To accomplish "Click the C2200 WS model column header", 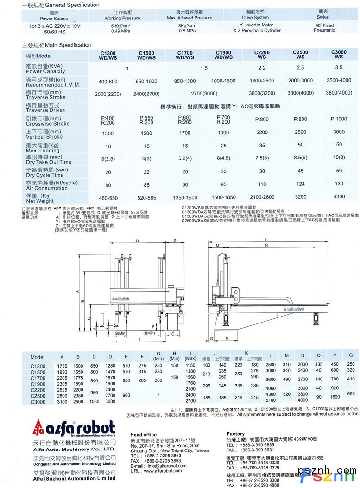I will (262, 55).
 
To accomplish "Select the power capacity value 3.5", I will (339, 68).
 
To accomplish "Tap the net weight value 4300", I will (339, 196).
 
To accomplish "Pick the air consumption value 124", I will (300, 184).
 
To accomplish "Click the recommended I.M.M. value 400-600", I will (108, 82).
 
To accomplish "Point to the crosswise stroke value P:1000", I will (339, 119).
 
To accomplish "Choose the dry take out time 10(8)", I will (339, 158).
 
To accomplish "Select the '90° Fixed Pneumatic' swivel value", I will (324, 27).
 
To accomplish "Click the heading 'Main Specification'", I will (57, 45).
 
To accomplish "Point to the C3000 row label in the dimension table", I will (38, 401).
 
